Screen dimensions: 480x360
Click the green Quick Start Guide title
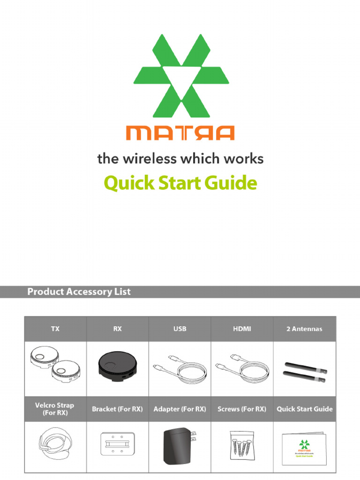[180, 183]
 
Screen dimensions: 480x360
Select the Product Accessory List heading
[79, 292]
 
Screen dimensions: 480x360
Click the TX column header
[55, 329]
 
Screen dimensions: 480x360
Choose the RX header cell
[117, 329]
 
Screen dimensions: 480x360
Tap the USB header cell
[180, 329]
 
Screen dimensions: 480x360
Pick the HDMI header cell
[242, 329]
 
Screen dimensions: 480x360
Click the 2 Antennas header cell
[304, 329]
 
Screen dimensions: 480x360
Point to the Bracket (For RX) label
[117, 409]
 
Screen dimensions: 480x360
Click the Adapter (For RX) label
[180, 409]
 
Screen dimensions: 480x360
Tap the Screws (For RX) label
[242, 409]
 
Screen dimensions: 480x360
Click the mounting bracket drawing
[117, 443]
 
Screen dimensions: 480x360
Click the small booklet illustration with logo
[304, 449]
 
